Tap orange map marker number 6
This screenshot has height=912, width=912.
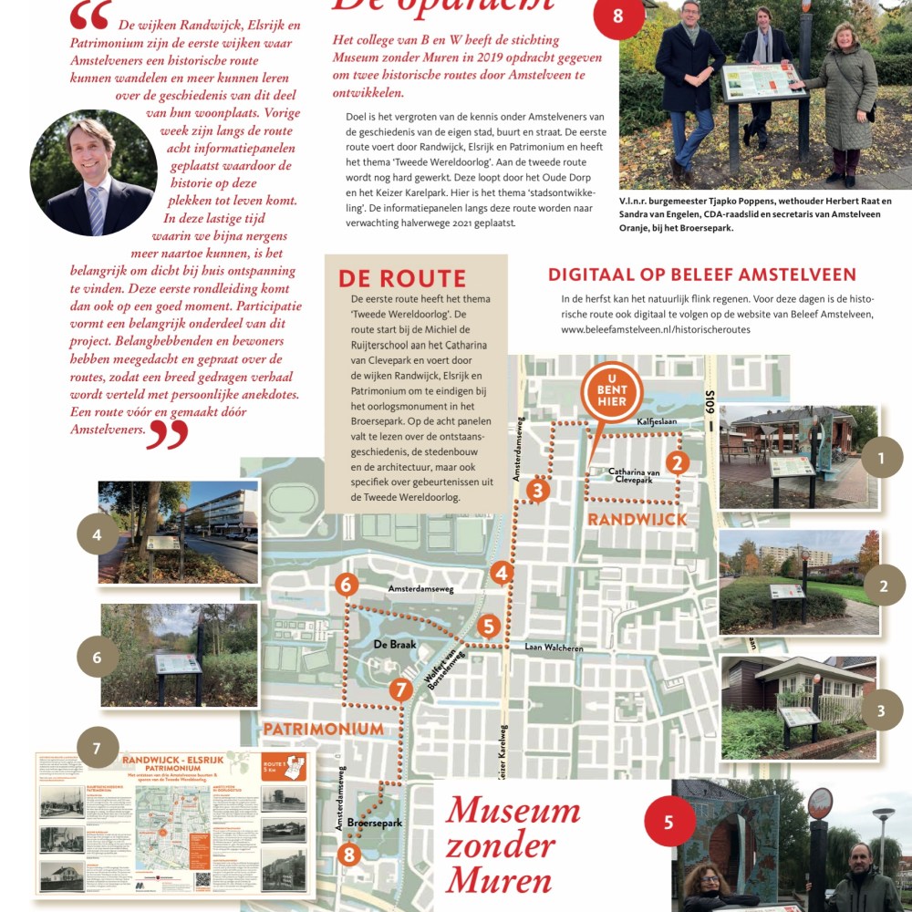click(347, 585)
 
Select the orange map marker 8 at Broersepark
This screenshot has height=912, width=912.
click(348, 855)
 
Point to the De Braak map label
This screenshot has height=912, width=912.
click(395, 643)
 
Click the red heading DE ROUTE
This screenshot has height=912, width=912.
click(401, 279)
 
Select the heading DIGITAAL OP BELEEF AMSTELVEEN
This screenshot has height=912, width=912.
click(701, 275)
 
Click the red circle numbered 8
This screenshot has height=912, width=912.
click(618, 16)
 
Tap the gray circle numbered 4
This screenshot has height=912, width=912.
click(98, 534)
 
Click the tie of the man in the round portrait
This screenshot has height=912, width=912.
click(95, 211)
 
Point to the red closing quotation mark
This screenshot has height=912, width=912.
click(167, 434)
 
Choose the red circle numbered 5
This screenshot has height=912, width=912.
click(668, 823)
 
